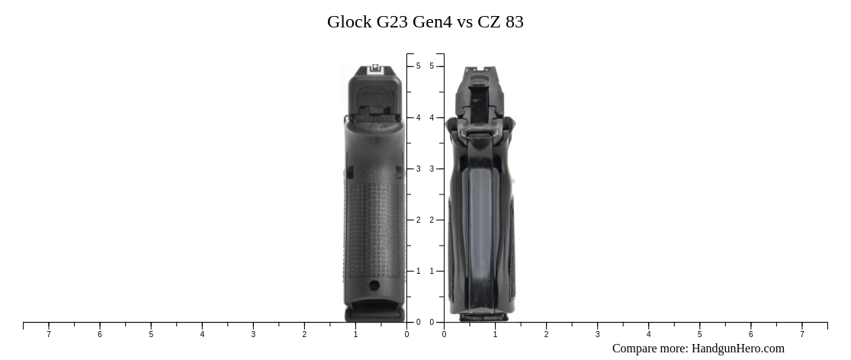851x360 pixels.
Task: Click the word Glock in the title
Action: [x=349, y=22]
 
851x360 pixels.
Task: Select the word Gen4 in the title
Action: [x=432, y=22]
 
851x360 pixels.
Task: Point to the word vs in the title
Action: [x=464, y=22]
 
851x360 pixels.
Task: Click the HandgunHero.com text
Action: [x=737, y=349]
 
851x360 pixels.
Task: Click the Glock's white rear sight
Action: [x=374, y=68]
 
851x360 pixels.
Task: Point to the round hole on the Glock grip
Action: [x=374, y=286]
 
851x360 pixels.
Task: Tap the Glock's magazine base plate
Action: [x=374, y=313]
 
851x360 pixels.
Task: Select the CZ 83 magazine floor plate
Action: [x=482, y=316]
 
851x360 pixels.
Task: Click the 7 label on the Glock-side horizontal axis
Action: [x=49, y=334]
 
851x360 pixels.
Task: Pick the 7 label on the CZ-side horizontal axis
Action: [x=801, y=334]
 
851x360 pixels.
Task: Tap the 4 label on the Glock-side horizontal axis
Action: [x=202, y=334]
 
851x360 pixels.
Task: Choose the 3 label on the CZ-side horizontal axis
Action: [x=597, y=334]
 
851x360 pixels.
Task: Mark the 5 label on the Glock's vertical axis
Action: [x=418, y=66]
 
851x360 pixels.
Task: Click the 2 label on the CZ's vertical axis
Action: [x=432, y=220]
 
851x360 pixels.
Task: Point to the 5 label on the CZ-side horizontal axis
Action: [x=699, y=334]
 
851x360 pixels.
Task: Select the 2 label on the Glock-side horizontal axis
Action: [x=304, y=334]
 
